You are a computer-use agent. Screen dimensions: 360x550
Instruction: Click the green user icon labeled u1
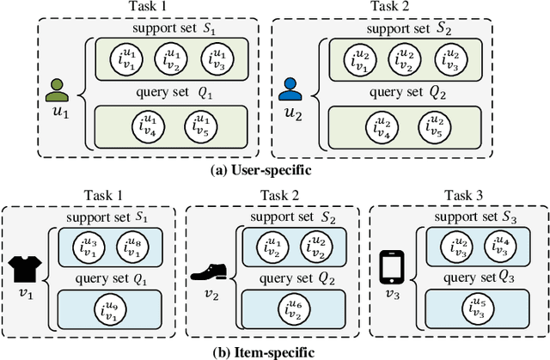pos(58,89)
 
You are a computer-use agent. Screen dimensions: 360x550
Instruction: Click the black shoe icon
pos(208,272)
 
